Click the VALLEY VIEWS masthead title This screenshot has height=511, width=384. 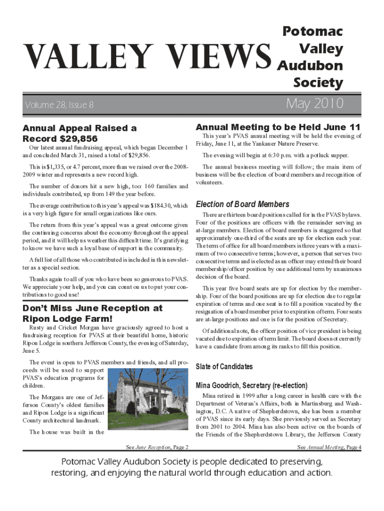click(x=145, y=56)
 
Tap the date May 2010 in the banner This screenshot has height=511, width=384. click(x=315, y=104)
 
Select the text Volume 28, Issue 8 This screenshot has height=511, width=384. click(x=59, y=105)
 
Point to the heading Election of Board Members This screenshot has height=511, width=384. click(x=242, y=204)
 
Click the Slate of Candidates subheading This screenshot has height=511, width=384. click(x=224, y=367)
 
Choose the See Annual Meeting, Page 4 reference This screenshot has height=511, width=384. click(x=329, y=447)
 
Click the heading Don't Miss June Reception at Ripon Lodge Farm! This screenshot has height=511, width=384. click(x=92, y=313)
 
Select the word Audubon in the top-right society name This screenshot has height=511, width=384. click(x=310, y=65)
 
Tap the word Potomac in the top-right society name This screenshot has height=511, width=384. click(x=313, y=31)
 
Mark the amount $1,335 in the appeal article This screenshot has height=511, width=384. click(x=56, y=167)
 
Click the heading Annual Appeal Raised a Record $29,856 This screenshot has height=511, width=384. click(x=79, y=133)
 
